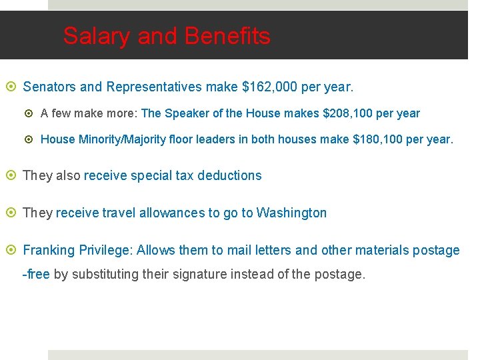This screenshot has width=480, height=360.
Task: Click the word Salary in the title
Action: pyautogui.click(x=97, y=36)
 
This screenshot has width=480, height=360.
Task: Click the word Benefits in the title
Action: pyautogui.click(x=227, y=36)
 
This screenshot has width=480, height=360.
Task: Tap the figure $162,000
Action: pyautogui.click(x=270, y=87)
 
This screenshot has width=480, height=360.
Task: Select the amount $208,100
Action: pyautogui.click(x=347, y=113)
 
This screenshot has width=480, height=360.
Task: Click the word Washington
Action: pyautogui.click(x=291, y=213)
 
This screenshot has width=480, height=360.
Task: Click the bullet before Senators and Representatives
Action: pyautogui.click(x=13, y=87)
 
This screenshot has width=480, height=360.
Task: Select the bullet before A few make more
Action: pyautogui.click(x=30, y=114)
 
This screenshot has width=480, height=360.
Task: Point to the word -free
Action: pyautogui.click(x=36, y=274)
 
